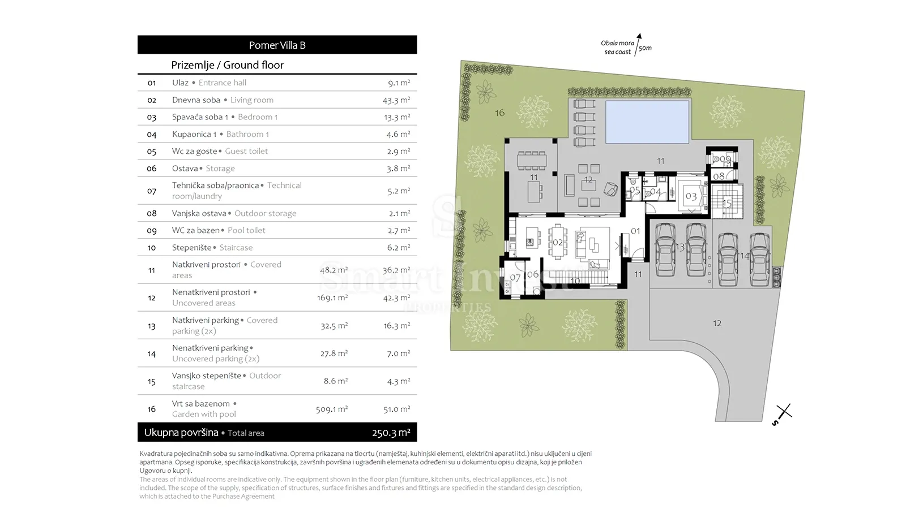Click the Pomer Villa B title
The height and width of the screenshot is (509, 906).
tap(277, 45)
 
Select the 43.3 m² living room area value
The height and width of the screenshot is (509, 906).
tap(396, 100)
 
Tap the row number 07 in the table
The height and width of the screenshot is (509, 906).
tap(152, 191)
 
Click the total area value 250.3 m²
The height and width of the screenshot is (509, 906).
tap(391, 433)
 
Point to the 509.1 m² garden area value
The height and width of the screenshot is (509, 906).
tap(332, 409)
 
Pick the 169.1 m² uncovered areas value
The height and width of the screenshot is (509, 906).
tap(332, 297)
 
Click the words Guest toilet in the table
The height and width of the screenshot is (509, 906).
tap(246, 151)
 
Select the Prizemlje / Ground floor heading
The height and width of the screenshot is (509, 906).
tap(227, 65)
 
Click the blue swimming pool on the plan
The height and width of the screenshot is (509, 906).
tap(647, 122)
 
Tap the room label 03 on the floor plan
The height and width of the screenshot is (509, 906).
tap(691, 197)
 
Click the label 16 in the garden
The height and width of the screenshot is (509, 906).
tap(500, 113)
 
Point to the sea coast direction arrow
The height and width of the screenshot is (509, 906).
tap(638, 45)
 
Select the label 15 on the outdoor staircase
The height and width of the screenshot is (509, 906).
tap(727, 203)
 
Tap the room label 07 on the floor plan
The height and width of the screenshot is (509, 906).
tap(515, 278)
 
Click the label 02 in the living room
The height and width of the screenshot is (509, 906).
tap(558, 243)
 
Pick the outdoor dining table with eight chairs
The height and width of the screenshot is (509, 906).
tap(532, 161)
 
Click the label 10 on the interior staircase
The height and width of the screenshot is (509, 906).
tap(575, 281)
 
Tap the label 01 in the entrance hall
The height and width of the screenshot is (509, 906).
tap(635, 231)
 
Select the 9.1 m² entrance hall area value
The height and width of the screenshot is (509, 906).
tap(399, 83)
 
